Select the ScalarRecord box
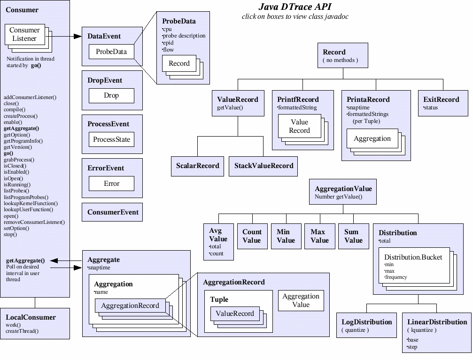click(198, 166)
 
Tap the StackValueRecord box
click(263, 166)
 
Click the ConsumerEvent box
click(113, 212)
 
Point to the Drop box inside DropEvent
click(111, 95)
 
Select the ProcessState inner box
click(111, 139)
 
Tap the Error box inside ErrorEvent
click(111, 184)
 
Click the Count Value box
click(252, 236)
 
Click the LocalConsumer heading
click(31, 317)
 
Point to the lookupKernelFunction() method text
click(31, 204)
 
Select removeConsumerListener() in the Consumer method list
click(34, 222)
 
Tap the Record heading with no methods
click(334, 52)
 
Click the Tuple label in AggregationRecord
click(219, 299)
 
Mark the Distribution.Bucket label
click(413, 257)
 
